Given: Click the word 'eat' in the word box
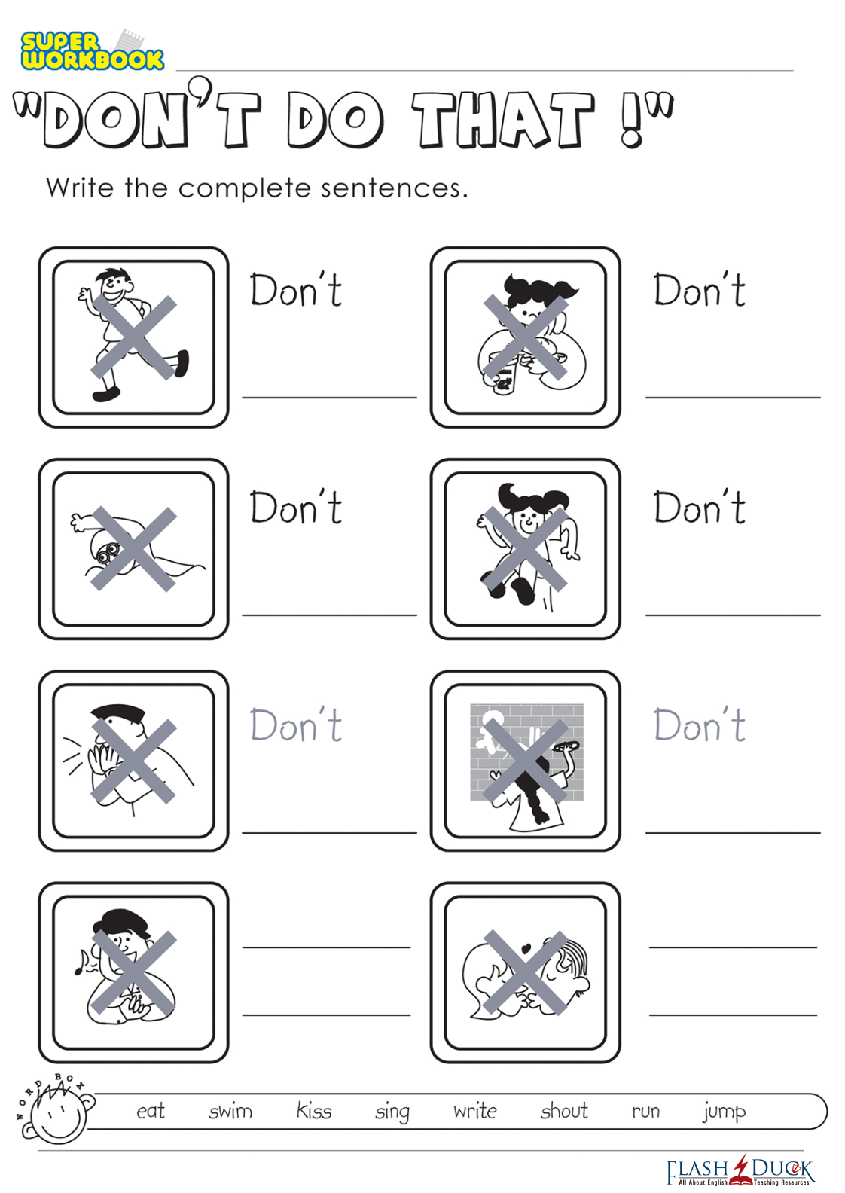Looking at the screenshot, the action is click(x=151, y=1112).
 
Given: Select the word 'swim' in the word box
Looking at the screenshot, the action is click(x=230, y=1110).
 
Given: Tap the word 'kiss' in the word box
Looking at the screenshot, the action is click(x=313, y=1110).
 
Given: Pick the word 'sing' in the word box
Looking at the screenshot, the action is click(x=392, y=1112).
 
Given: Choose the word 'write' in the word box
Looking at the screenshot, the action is click(x=475, y=1110).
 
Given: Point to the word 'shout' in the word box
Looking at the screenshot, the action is click(x=564, y=1110).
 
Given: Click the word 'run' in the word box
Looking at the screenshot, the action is click(x=646, y=1112).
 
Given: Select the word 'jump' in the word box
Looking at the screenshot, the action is click(x=725, y=1112).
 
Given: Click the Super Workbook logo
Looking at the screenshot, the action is click(x=92, y=50).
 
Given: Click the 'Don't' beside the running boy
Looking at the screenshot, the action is click(x=295, y=290).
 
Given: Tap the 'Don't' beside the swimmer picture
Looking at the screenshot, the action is click(x=295, y=506).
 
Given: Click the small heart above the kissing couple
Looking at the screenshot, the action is click(x=526, y=948).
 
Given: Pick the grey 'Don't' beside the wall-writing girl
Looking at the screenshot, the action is click(x=699, y=725).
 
